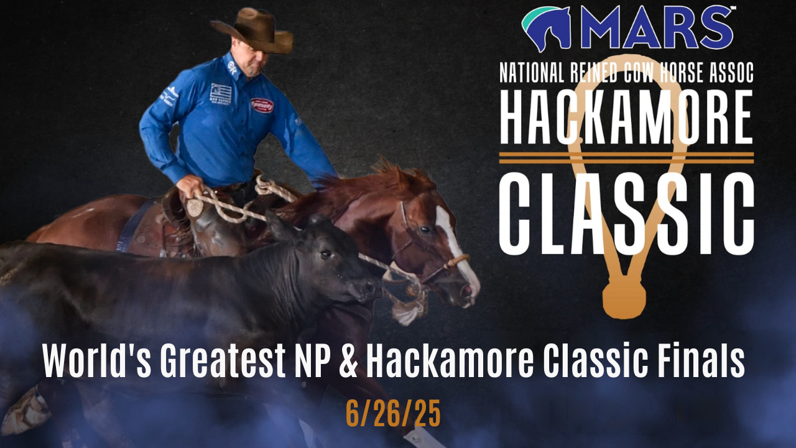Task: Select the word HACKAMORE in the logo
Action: click(626, 119)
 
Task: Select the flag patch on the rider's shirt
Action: click(220, 93)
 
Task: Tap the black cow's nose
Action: click(372, 288)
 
